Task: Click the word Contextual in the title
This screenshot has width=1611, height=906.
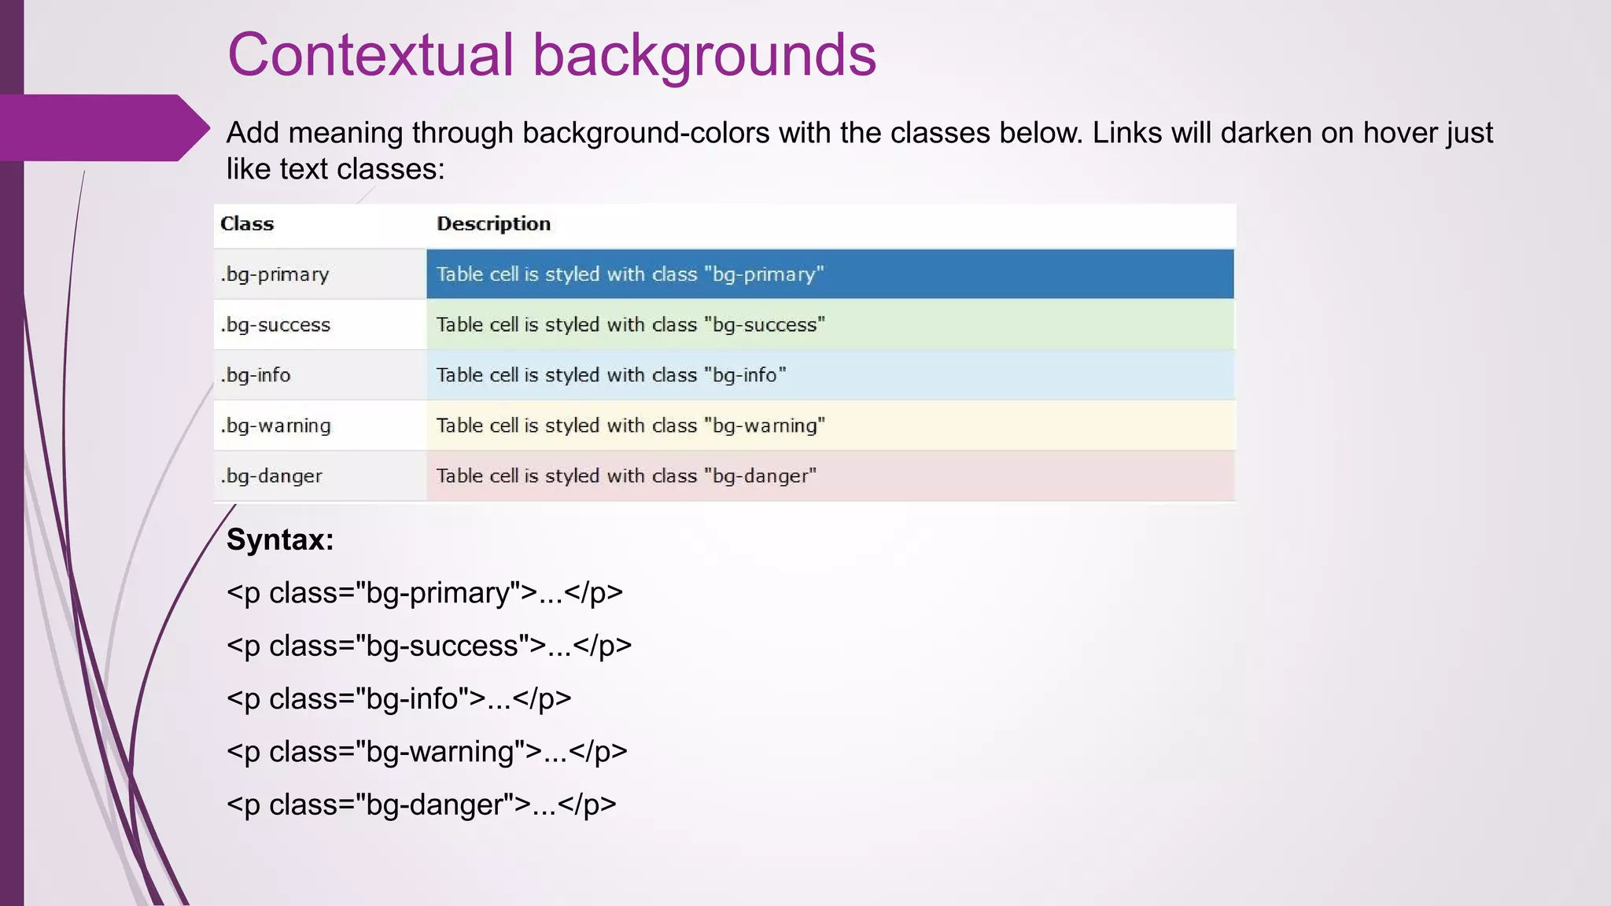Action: pos(370,55)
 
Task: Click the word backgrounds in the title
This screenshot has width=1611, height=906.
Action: pos(704,55)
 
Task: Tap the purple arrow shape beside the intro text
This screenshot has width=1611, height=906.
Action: pos(102,127)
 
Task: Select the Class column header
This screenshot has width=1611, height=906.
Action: pos(247,224)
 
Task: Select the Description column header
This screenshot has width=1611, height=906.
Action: pos(493,224)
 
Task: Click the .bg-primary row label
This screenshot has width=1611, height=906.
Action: pos(275,274)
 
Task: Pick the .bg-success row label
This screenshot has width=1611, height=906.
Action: pos(275,325)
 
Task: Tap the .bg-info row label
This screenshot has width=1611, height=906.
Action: pos(256,375)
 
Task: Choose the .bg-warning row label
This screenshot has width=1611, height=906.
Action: pos(275,425)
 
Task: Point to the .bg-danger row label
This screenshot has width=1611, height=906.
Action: pos(271,476)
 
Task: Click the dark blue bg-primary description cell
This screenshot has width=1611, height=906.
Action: pos(830,274)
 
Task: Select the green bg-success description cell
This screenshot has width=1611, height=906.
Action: pos(830,325)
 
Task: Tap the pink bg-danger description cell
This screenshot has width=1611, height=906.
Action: pos(830,476)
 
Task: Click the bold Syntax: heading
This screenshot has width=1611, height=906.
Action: pos(280,540)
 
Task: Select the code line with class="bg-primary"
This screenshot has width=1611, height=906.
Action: pos(425,593)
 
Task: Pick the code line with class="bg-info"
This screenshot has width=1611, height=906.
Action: pos(399,698)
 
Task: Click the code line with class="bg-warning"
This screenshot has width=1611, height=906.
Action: pos(427,752)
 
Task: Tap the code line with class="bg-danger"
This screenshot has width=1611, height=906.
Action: pos(422,805)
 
